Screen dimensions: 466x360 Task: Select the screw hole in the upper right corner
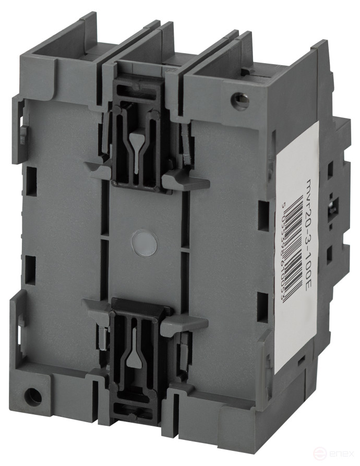pyautogui.click(x=240, y=100)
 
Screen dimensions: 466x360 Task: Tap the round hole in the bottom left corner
pyautogui.click(x=33, y=397)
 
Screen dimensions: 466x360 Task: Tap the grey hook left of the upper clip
pyautogui.click(x=99, y=170)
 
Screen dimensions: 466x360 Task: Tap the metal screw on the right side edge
pyautogui.click(x=332, y=206)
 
